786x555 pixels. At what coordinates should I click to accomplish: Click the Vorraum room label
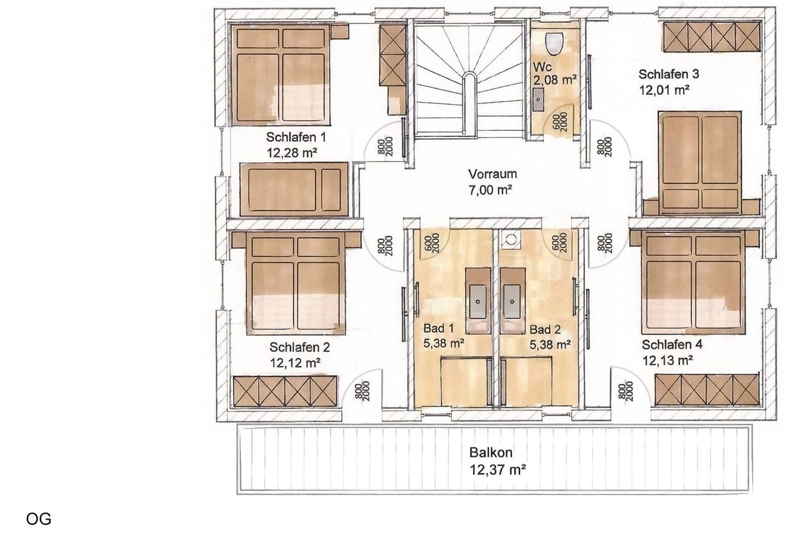click(x=493, y=174)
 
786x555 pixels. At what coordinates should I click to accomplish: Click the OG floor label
click(x=39, y=520)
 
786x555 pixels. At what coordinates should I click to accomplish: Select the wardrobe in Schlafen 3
click(x=711, y=38)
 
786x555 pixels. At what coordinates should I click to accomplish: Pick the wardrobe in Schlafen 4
click(x=707, y=389)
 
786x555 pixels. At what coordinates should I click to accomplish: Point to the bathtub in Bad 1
click(x=466, y=382)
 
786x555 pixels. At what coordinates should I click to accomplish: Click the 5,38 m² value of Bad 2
click(x=550, y=343)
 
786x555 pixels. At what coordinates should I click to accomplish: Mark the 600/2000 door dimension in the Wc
click(x=560, y=123)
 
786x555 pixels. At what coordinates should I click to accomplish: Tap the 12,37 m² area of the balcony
click(x=498, y=469)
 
